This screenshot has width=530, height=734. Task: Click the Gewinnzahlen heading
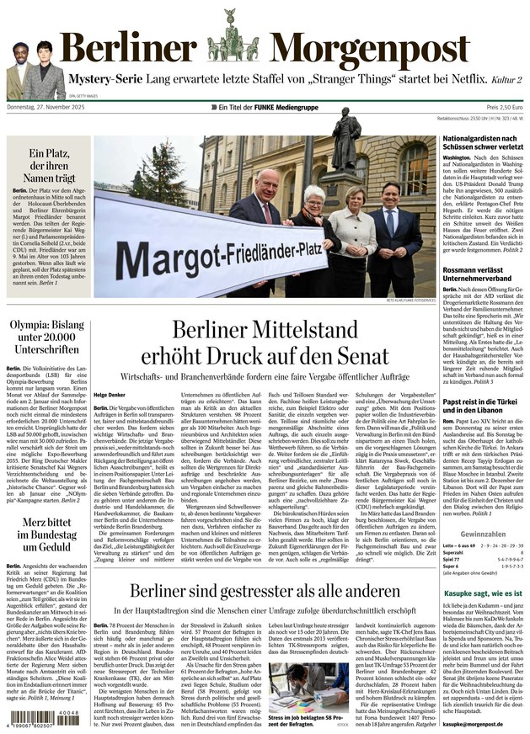(x=483, y=534)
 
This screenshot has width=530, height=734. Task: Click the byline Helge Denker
(x=110, y=396)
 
